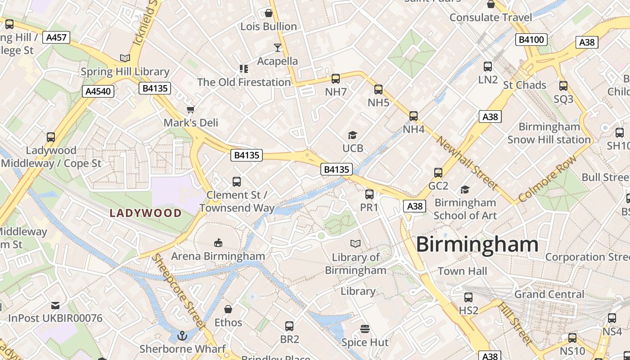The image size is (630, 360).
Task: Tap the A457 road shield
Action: (57, 37)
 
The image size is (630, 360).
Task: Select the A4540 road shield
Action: (98, 91)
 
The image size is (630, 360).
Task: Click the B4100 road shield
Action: (531, 40)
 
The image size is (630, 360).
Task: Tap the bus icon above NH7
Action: (336, 79)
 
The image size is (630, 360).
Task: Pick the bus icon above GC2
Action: (438, 173)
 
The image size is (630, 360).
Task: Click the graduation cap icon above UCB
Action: (352, 135)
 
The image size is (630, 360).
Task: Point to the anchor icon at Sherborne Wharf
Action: (182, 335)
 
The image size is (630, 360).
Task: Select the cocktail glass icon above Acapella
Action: (278, 47)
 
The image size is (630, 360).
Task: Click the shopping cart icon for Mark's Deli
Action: (191, 109)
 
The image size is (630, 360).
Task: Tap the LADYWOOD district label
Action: (146, 213)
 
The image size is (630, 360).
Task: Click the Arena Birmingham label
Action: (218, 256)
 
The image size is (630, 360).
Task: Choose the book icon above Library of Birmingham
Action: (355, 243)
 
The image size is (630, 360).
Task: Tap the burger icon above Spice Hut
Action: (365, 329)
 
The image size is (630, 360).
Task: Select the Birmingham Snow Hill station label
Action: (549, 133)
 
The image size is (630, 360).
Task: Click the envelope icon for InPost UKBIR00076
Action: (55, 306)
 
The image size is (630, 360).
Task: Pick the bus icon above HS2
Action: (468, 297)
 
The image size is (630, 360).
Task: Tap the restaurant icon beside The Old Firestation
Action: (243, 69)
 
